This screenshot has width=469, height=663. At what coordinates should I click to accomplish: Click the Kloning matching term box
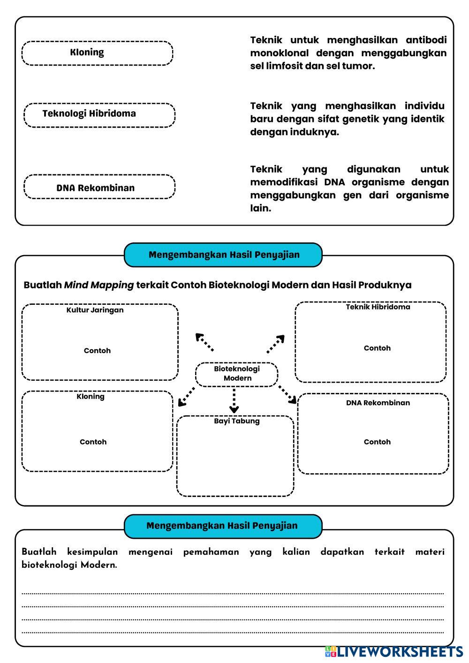(x=97, y=53)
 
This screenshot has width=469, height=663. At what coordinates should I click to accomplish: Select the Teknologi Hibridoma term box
(x=99, y=115)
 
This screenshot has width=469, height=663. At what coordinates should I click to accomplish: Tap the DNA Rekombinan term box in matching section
(x=99, y=187)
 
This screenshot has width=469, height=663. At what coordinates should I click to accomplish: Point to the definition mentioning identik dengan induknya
(x=347, y=119)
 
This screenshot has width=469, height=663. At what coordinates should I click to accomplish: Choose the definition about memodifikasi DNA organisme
(x=349, y=188)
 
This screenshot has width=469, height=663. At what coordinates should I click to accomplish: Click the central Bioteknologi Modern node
(x=237, y=374)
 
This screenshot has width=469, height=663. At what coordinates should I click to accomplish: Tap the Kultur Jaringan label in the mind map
(x=95, y=310)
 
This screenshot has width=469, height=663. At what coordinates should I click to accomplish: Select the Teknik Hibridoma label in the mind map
(x=378, y=307)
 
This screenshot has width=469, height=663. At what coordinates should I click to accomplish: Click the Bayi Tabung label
(x=237, y=421)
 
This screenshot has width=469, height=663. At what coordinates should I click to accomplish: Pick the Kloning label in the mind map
(x=91, y=397)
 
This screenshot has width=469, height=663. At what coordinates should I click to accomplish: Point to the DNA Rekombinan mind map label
(x=378, y=403)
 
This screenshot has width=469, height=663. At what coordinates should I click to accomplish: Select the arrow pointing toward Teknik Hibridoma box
(x=276, y=344)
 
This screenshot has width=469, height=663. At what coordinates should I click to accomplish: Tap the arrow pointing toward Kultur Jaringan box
(x=205, y=342)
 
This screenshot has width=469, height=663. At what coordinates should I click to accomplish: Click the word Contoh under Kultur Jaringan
(x=97, y=351)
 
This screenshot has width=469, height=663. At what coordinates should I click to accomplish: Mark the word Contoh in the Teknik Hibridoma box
(x=377, y=348)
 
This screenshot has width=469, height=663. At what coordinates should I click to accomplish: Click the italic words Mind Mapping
(x=98, y=285)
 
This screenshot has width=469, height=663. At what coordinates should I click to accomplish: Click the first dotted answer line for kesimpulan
(x=233, y=594)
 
